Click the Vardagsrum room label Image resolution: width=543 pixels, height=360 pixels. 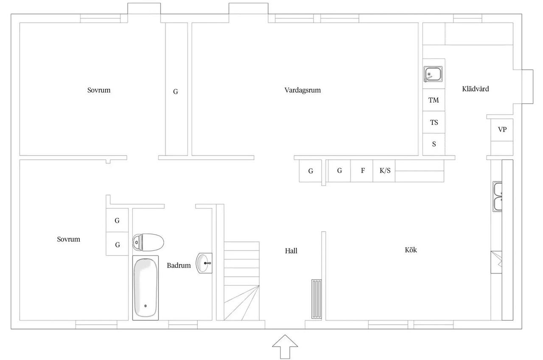pyautogui.click(x=302, y=90)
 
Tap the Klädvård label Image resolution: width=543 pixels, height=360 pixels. pyautogui.click(x=476, y=89)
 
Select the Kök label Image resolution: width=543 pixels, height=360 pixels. pyautogui.click(x=411, y=250)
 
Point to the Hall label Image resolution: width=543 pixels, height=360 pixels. pyautogui.click(x=291, y=251)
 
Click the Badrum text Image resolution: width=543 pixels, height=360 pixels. pyautogui.click(x=179, y=265)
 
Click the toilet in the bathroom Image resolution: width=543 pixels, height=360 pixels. pyautogui.click(x=148, y=242)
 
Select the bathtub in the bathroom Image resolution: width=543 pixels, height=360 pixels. pyautogui.click(x=146, y=288)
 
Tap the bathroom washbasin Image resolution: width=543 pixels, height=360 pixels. pyautogui.click(x=204, y=263)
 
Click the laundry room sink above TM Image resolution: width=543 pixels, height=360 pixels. pyautogui.click(x=433, y=74)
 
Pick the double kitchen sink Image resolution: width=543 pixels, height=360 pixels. pyautogui.click(x=498, y=197)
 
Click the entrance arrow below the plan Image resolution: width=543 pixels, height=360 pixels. pyautogui.click(x=285, y=347)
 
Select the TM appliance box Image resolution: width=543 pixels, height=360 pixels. pyautogui.click(x=434, y=100)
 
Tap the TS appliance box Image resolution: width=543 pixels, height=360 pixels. pyautogui.click(x=434, y=122)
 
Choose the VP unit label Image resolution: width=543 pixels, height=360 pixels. pyautogui.click(x=502, y=129)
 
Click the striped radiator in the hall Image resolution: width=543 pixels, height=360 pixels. pyautogui.click(x=316, y=299)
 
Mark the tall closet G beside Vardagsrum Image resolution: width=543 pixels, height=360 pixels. pyautogui.click(x=176, y=89)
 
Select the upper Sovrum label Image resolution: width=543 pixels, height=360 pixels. pyautogui.click(x=99, y=90)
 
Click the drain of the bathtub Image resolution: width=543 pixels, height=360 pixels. pyautogui.click(x=146, y=306)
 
